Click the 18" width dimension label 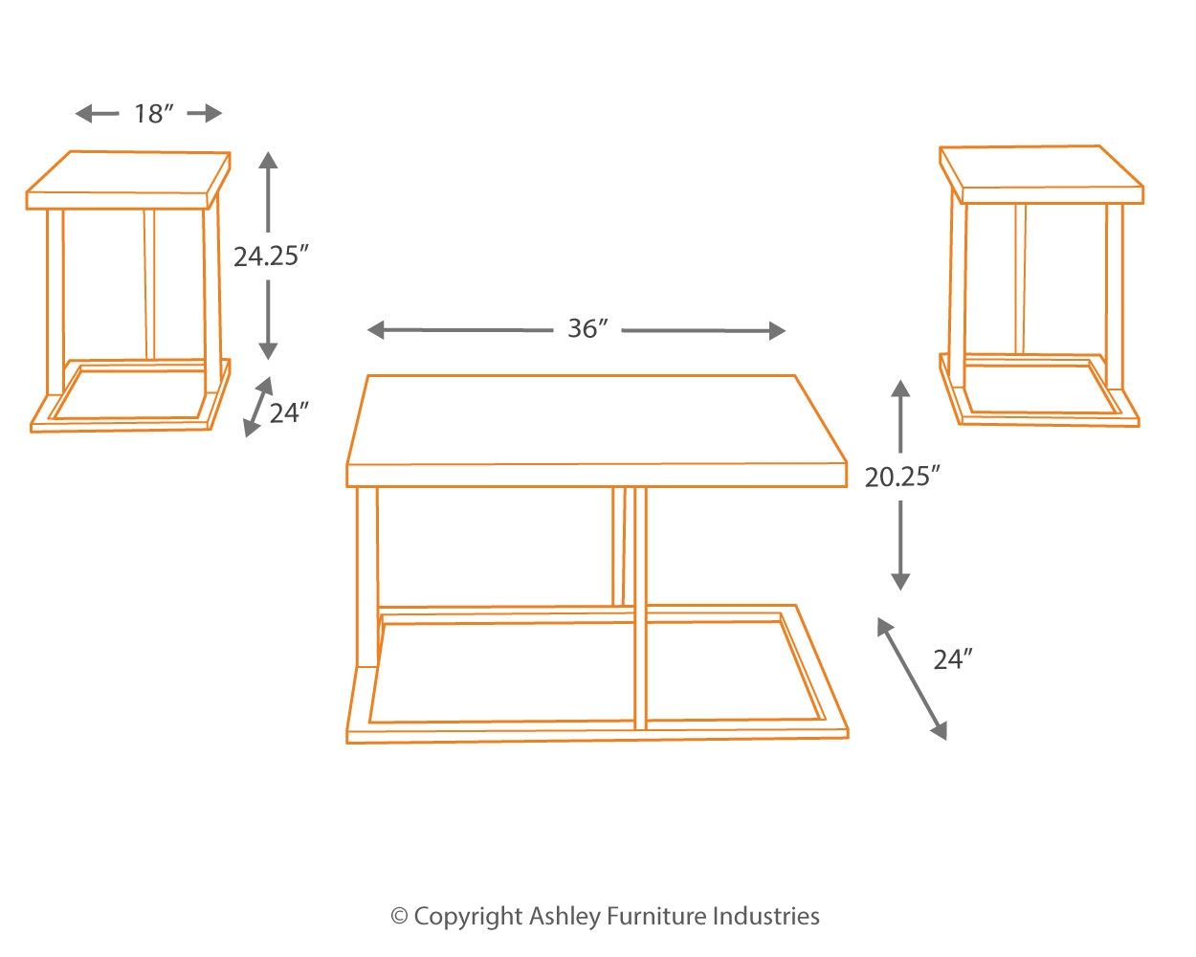tap(154, 114)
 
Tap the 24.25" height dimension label tap(272, 256)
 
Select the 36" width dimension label tap(587, 329)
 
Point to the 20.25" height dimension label tap(902, 477)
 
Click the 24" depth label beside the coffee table tap(953, 659)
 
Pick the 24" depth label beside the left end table tap(289, 413)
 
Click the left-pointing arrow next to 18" tap(97, 114)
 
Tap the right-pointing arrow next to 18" tap(205, 114)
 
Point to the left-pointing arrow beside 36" tap(459, 330)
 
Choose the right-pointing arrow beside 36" tap(704, 331)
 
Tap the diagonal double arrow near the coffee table tap(912, 678)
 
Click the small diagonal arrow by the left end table tap(255, 408)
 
